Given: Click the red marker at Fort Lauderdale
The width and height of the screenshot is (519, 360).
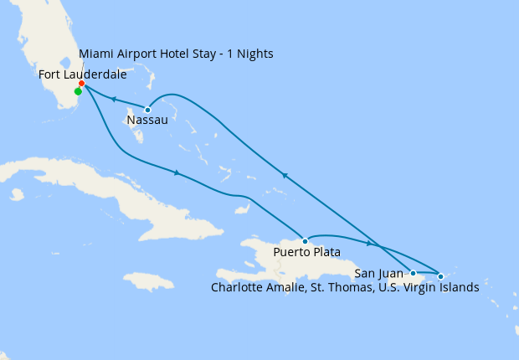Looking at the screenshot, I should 81,84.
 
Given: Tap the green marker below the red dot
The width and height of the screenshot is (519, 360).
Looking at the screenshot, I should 78,92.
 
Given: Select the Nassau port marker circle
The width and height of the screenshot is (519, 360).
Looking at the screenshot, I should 147,110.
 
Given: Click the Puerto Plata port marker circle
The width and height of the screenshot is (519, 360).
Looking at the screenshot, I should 305,240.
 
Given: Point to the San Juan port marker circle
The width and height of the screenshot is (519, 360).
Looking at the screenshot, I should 413,273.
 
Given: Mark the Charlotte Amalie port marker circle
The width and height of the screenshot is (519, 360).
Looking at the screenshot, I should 440,275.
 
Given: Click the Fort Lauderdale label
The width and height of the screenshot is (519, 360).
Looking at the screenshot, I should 83,75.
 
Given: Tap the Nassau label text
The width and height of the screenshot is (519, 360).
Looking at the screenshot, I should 147,121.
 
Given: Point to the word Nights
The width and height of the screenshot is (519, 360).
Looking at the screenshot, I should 254,54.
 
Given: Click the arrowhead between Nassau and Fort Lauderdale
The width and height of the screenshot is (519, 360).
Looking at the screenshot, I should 113,100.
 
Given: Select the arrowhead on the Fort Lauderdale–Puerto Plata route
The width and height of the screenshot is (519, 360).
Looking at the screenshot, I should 176,173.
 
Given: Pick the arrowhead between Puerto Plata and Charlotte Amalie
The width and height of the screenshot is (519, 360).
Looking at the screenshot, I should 368,244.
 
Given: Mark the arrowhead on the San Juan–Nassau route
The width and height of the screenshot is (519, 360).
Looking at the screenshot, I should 285,176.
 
